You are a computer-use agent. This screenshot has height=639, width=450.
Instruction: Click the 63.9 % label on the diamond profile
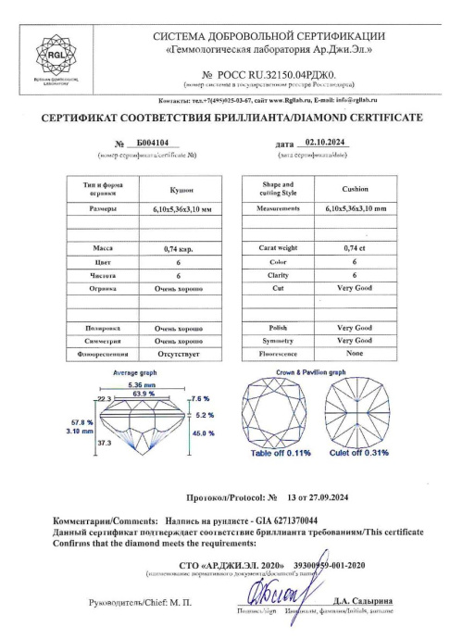click(x=143, y=395)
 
